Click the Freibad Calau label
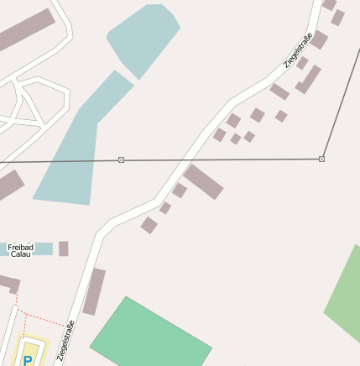(x=20, y=250)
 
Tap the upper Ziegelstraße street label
(x=298, y=50)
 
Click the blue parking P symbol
(x=28, y=360)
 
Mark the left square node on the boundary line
(x=122, y=159)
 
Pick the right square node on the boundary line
(x=322, y=159)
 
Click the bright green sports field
(x=150, y=335)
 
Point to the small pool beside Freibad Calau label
(x=44, y=248)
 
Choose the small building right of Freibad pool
(x=63, y=248)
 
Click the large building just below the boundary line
(x=204, y=181)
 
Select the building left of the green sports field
(x=94, y=291)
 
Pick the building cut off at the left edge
(x=8, y=185)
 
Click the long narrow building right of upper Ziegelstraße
(x=308, y=80)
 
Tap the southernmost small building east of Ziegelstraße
(x=149, y=225)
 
